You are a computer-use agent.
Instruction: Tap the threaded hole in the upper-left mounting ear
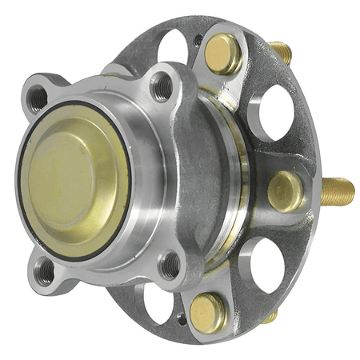(x=38, y=98)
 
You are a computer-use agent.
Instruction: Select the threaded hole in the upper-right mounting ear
(x=162, y=86)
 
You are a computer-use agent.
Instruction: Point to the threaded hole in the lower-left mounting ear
(x=45, y=271)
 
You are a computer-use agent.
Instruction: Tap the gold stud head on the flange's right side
(x=285, y=191)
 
